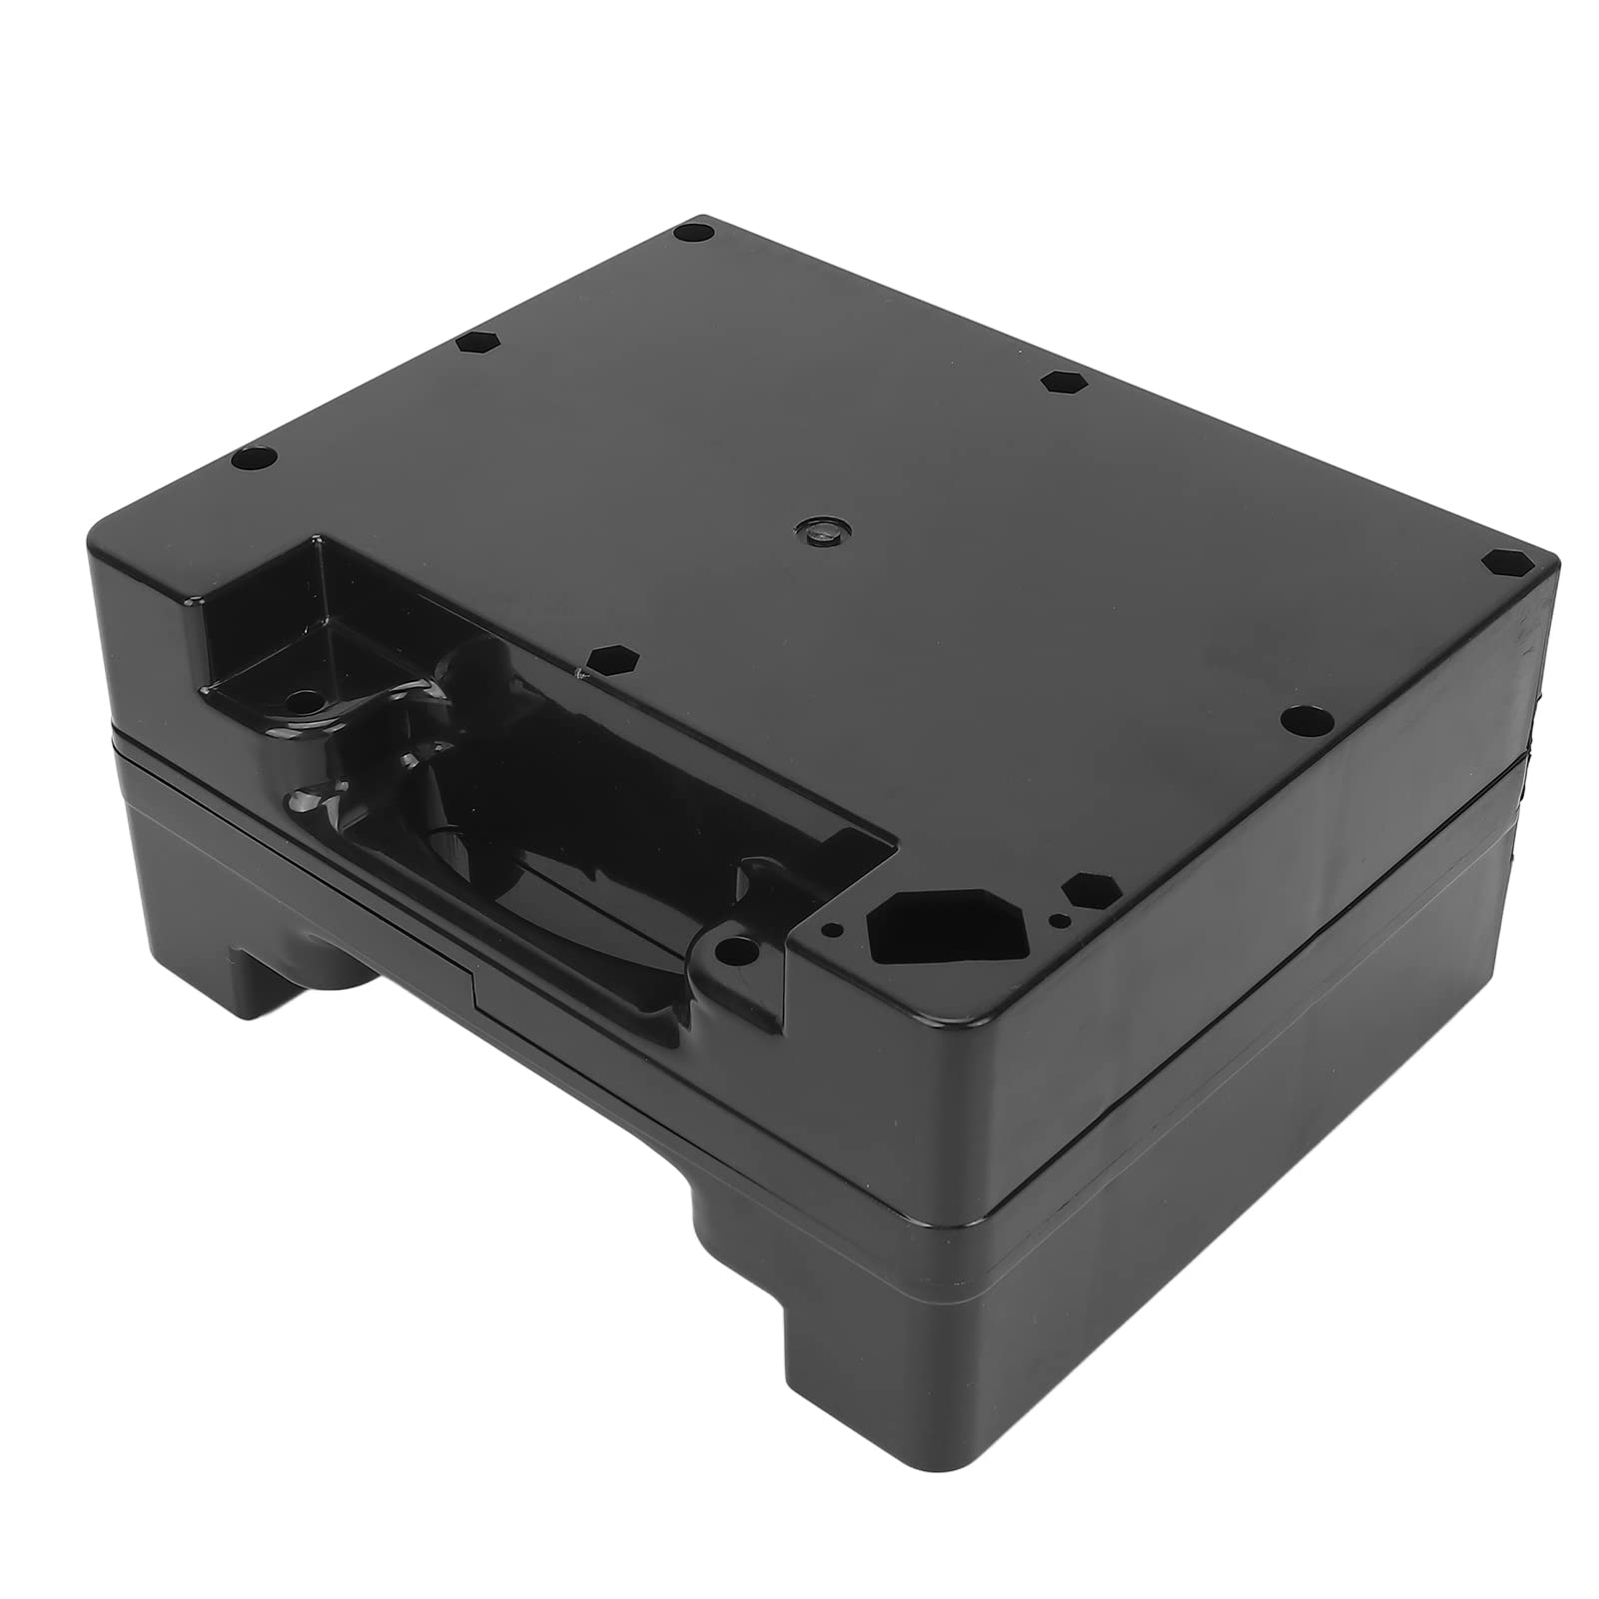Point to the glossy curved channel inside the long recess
[x=519, y=859]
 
